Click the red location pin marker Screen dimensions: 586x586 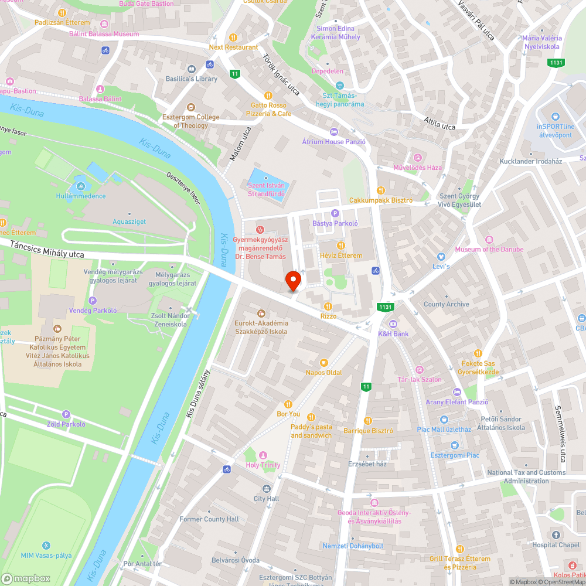[x=293, y=281]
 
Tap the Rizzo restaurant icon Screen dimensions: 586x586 [x=328, y=306]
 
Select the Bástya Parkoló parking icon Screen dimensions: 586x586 [x=335, y=214]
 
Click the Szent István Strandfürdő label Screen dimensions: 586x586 [x=266, y=189]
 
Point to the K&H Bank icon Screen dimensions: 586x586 [x=393, y=324]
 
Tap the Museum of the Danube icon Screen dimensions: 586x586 [x=489, y=239]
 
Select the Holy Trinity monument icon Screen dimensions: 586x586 [x=263, y=455]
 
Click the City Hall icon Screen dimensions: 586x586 [x=267, y=489]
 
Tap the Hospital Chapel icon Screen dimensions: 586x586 [x=556, y=534]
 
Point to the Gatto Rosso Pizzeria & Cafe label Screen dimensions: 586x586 [x=268, y=109]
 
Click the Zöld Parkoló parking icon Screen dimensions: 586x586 [x=66, y=414]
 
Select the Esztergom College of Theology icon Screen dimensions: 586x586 [x=191, y=107]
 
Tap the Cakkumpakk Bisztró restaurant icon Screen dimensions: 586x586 [x=380, y=190]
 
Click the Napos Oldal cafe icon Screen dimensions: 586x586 [x=323, y=362]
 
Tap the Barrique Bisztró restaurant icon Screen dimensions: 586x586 [x=368, y=420]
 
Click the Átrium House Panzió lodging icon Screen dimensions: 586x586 [x=334, y=131]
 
